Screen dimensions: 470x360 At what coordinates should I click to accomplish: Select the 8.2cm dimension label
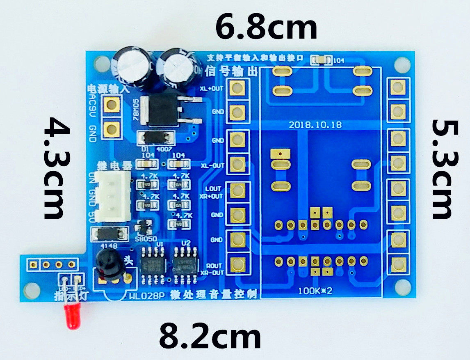point(210,337)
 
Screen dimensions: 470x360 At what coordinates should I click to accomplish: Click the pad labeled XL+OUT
point(237,88)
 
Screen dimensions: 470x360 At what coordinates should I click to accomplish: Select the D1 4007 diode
point(155,138)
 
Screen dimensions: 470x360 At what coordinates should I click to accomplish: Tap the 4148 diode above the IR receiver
point(108,234)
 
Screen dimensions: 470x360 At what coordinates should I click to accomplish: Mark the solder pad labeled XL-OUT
point(237,164)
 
